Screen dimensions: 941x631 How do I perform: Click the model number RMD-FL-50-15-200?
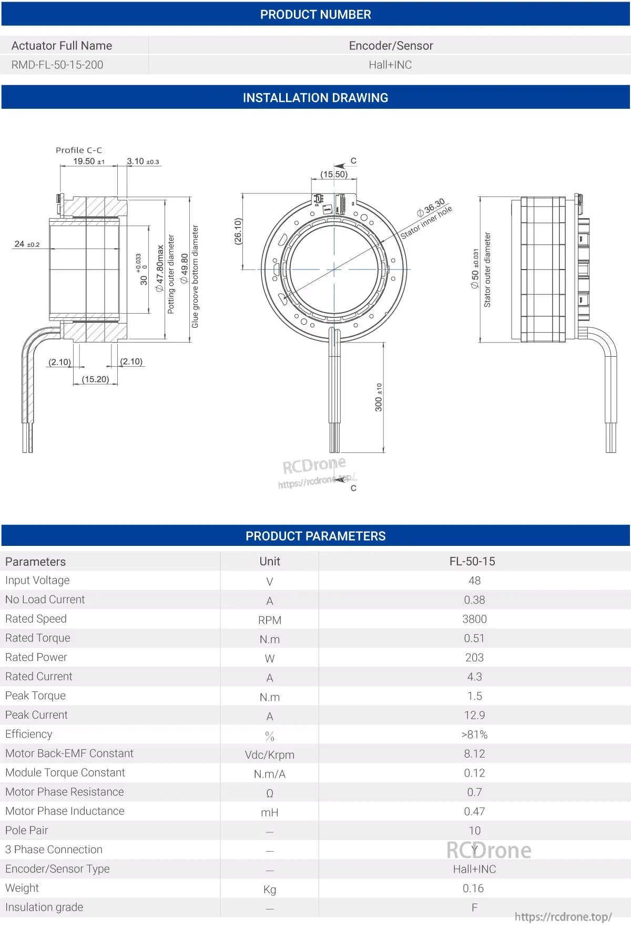pyautogui.click(x=57, y=65)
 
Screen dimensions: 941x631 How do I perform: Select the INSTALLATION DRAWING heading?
pyautogui.click(x=315, y=98)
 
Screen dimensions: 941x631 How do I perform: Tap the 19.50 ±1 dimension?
pyautogui.click(x=88, y=161)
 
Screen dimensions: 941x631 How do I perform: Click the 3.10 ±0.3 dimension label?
pyautogui.click(x=143, y=161)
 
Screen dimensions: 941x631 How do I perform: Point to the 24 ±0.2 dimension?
pyautogui.click(x=27, y=244)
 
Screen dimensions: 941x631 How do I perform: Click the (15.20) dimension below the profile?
pyautogui.click(x=95, y=379)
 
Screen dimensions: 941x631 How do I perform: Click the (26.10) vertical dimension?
pyautogui.click(x=238, y=231)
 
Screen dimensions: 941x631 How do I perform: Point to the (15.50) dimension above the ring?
pyautogui.click(x=334, y=174)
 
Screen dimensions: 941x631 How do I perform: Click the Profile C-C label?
pyautogui.click(x=79, y=150)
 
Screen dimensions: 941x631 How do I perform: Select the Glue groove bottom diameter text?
pyautogui.click(x=195, y=276)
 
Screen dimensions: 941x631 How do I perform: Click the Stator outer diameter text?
pyautogui.click(x=487, y=270)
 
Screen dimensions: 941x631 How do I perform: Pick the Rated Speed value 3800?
pyautogui.click(x=474, y=619)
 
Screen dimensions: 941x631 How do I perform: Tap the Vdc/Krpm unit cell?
pyautogui.click(x=269, y=754)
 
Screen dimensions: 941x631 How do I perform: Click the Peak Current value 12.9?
pyautogui.click(x=474, y=715)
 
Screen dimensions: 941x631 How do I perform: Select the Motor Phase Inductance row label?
pyautogui.click(x=65, y=811)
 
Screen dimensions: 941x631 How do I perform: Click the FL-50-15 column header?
pyautogui.click(x=472, y=561)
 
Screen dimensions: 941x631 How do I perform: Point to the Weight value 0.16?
pyautogui.click(x=473, y=888)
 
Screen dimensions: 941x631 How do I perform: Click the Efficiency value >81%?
pyautogui.click(x=474, y=735)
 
